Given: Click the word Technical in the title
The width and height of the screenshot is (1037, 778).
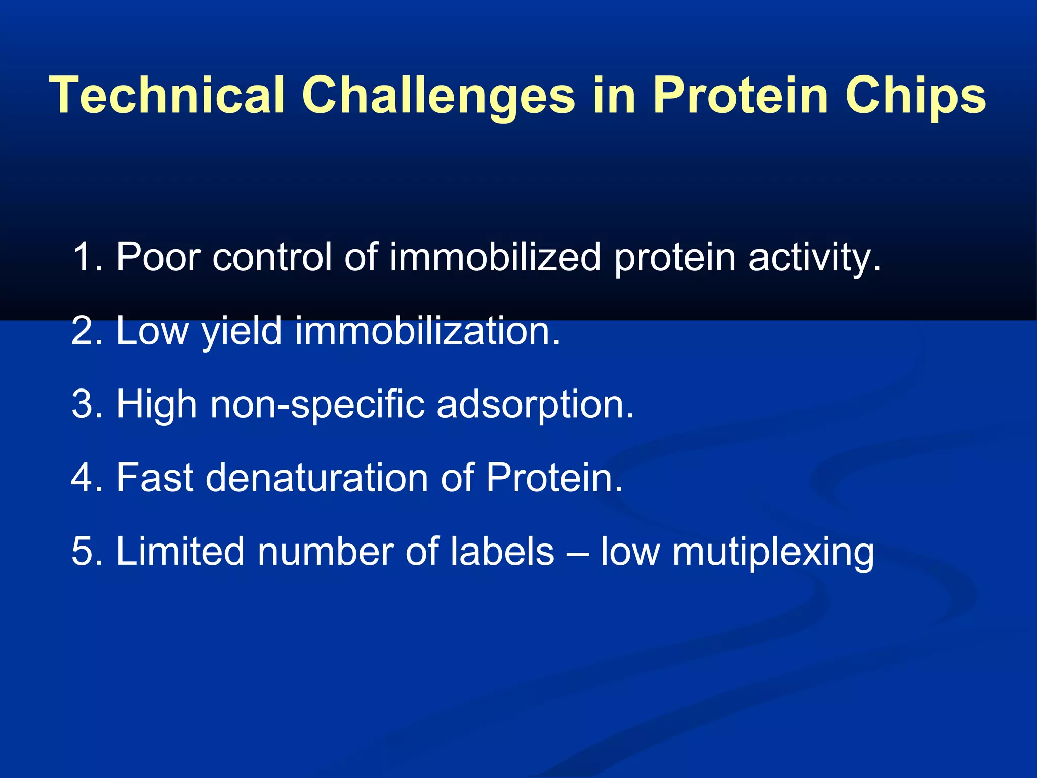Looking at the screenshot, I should tap(167, 95).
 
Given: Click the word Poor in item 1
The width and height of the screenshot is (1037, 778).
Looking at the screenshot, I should tap(158, 257).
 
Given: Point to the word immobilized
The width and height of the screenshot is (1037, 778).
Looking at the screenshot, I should tap(495, 257).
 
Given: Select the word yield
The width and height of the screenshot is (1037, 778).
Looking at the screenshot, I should tap(242, 331).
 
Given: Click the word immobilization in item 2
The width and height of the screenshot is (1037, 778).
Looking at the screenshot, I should tap(427, 331).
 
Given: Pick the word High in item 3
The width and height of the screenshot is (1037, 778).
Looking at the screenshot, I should tap(157, 404).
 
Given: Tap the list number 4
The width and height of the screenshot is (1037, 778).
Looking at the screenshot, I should tap(82, 478).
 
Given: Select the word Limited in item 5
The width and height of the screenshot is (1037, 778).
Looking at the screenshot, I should tap(179, 551).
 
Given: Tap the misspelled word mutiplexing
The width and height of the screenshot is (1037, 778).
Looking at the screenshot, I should tap(773, 551).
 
